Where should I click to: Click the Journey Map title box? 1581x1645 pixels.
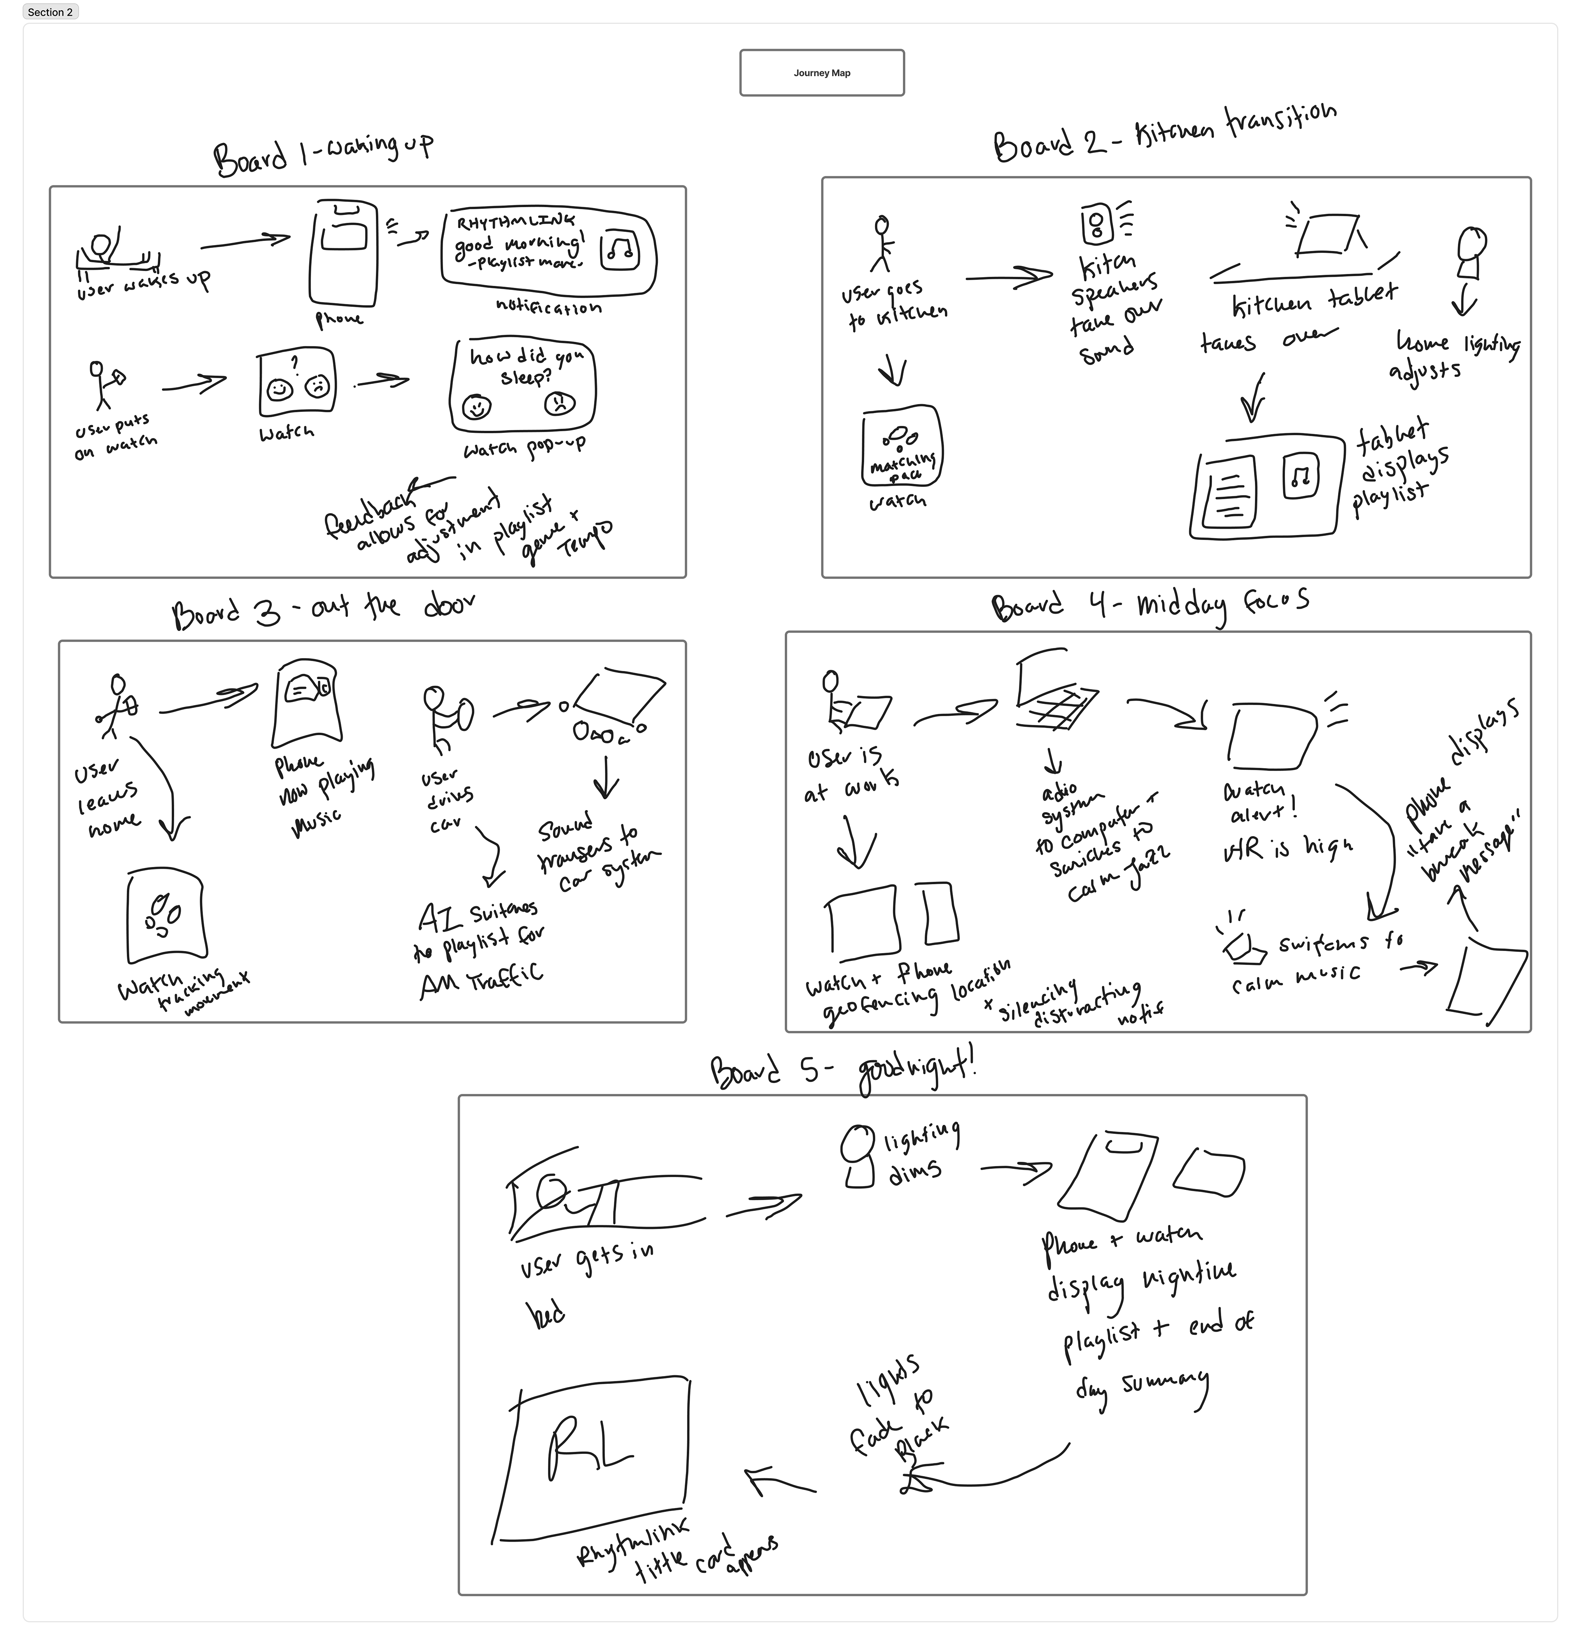(821, 73)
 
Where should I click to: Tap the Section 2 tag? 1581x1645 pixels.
(50, 12)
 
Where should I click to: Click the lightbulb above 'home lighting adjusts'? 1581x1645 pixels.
(1471, 252)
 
